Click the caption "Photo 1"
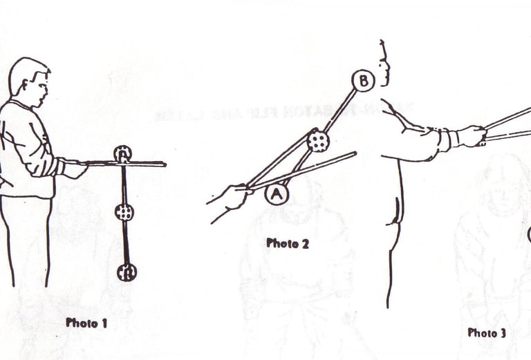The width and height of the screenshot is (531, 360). tap(86, 323)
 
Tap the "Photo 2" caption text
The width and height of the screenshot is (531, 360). tap(287, 243)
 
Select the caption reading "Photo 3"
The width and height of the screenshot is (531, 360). tap(487, 333)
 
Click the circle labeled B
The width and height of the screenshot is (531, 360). tap(363, 81)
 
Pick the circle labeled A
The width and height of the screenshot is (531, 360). tap(276, 195)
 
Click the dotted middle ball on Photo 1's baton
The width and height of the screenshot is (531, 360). tap(124, 213)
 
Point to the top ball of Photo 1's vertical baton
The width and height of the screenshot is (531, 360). tap(122, 154)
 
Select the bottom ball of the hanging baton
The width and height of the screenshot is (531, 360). tap(127, 272)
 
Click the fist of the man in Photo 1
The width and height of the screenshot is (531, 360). tap(75, 169)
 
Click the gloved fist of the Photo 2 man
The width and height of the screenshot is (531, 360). tap(472, 135)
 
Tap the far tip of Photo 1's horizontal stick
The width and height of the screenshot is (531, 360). tap(165, 164)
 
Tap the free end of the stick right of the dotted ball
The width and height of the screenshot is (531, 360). tap(355, 153)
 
